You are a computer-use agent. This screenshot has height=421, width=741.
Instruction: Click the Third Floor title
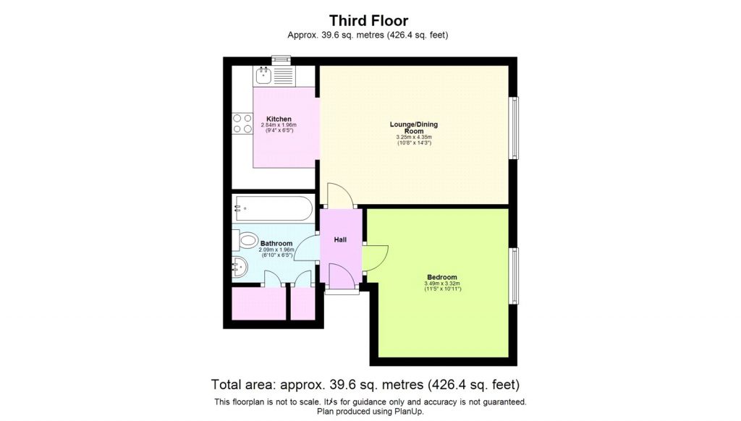point(370,20)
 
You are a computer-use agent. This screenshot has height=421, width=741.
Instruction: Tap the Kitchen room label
point(279,119)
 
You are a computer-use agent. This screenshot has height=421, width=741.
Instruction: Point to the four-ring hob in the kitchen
point(242,124)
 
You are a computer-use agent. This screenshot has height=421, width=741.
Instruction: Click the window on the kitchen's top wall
point(279,59)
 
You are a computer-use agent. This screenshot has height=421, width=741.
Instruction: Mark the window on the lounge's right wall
point(514,129)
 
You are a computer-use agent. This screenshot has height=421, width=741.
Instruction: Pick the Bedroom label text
point(441,278)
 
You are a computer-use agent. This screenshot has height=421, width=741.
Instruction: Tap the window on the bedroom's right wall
point(514,277)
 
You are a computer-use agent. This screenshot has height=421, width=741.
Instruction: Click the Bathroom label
point(276,244)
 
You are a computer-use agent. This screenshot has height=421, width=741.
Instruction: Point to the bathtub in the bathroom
point(273,209)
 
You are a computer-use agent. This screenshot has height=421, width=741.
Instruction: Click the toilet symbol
point(247,240)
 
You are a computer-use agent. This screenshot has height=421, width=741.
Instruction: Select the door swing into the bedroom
point(375,255)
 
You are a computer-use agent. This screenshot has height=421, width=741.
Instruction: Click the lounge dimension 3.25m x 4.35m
point(414,137)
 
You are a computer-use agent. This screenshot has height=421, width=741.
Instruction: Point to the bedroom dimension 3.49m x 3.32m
point(442,284)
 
